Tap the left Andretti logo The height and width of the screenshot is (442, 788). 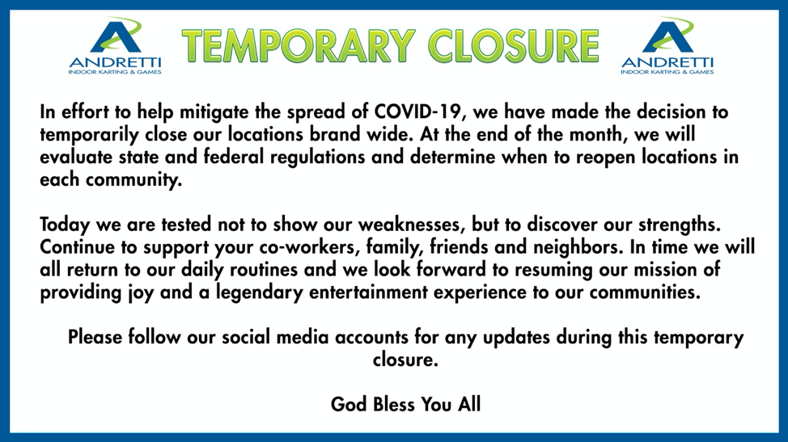pyautogui.click(x=115, y=46)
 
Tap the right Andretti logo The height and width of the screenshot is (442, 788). pyautogui.click(x=667, y=46)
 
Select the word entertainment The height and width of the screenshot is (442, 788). pyautogui.click(x=368, y=292)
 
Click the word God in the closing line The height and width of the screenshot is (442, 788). pyautogui.click(x=348, y=404)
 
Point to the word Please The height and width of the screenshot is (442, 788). pyautogui.click(x=95, y=337)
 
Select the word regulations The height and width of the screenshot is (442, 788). pyautogui.click(x=318, y=157)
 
